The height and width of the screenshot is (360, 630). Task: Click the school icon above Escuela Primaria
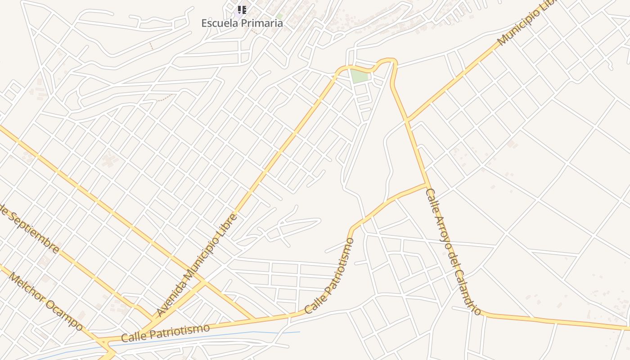(242, 9)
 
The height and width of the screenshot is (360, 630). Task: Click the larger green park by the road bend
(360, 76)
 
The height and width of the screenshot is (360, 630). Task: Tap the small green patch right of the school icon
(279, 16)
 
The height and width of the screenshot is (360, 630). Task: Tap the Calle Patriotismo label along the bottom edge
(165, 333)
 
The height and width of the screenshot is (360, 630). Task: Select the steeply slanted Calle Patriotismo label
(329, 277)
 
